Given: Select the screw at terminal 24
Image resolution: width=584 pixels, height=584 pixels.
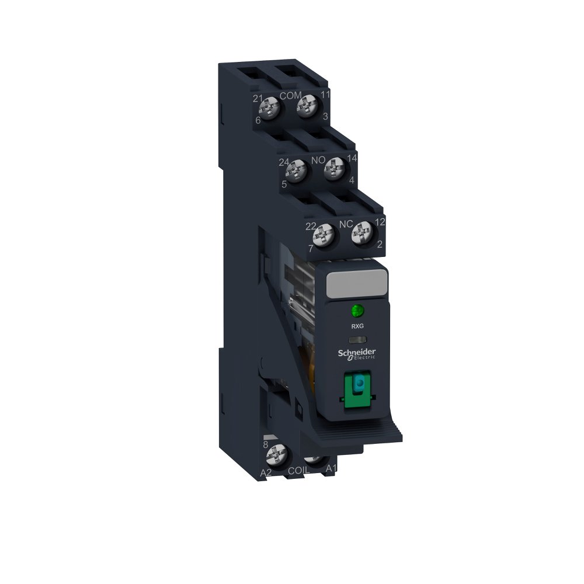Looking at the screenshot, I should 296,171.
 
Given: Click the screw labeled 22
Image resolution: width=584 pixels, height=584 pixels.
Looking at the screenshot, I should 322,236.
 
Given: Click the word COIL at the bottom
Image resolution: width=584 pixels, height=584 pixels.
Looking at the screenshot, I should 300,468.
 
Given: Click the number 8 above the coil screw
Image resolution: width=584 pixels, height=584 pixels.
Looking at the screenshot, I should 266,444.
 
